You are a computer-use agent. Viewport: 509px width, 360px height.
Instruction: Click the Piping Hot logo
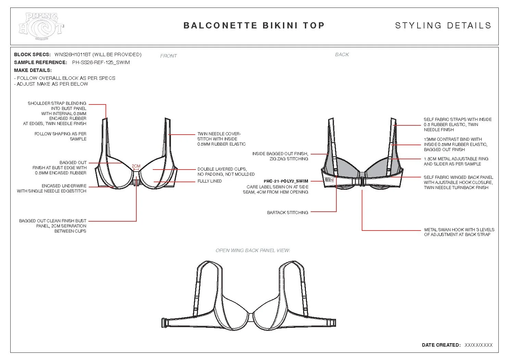(x=41, y=26)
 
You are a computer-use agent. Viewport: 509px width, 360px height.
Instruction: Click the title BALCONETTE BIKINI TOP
(x=254, y=26)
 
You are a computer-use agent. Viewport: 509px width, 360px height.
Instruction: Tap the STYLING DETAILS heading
(x=443, y=26)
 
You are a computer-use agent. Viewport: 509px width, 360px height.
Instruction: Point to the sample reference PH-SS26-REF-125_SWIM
(x=101, y=62)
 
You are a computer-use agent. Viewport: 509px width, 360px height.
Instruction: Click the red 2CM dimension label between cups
(x=136, y=166)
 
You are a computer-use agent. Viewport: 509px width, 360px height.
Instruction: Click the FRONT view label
(x=169, y=56)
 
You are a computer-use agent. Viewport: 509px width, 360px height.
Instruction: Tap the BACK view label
(x=342, y=54)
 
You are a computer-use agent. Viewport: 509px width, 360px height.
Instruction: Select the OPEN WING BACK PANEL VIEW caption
(x=253, y=250)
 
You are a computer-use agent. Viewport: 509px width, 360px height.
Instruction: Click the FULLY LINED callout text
(x=210, y=181)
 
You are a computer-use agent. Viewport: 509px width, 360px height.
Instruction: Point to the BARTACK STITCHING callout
(x=287, y=213)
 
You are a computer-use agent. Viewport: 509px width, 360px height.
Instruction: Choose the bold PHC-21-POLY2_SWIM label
(x=286, y=181)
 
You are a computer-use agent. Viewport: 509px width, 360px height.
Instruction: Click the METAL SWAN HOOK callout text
(x=459, y=232)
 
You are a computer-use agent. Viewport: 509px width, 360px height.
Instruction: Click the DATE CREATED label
(x=441, y=345)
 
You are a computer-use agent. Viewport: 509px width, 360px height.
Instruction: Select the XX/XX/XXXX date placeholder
(x=479, y=345)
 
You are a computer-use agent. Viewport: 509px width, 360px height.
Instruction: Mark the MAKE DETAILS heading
(x=33, y=70)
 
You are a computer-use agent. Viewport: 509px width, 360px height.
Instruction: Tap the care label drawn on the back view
(x=329, y=179)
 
